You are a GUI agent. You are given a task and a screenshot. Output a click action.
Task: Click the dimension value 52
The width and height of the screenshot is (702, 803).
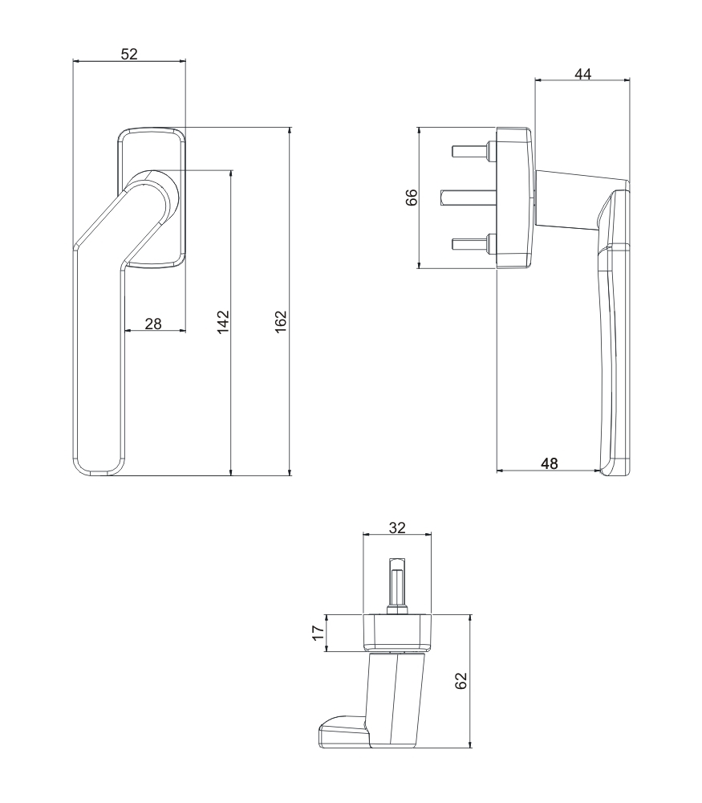click(x=128, y=54)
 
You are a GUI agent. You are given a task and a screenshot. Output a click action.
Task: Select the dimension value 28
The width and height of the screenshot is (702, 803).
click(x=153, y=323)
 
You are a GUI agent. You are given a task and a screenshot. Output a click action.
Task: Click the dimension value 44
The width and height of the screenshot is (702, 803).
click(x=583, y=73)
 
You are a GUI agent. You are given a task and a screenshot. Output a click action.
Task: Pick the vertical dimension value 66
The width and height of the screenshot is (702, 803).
click(x=412, y=198)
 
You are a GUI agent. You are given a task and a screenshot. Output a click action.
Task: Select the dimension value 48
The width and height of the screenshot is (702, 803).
click(x=549, y=463)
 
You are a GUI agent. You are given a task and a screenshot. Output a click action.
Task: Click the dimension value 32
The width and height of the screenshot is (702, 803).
click(x=397, y=527)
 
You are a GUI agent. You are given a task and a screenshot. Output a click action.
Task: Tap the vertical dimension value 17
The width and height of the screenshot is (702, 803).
click(x=319, y=633)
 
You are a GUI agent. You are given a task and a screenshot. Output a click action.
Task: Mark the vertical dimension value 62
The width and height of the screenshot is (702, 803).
click(x=461, y=681)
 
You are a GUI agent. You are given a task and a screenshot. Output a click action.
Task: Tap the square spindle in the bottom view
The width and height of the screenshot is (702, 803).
click(x=397, y=582)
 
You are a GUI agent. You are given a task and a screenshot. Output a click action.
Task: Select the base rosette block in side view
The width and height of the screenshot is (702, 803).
click(x=513, y=197)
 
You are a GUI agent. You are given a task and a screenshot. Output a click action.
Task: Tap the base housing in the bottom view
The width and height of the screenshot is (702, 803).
click(x=397, y=632)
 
